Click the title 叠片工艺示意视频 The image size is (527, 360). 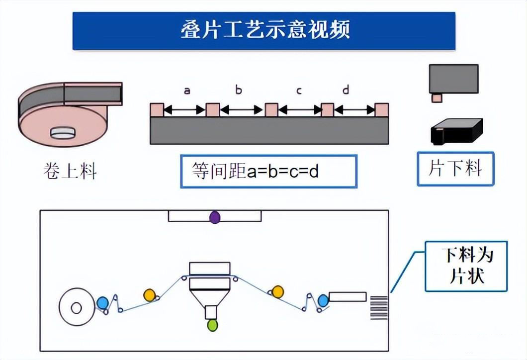tap(264, 30)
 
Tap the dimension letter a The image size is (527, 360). tap(187, 90)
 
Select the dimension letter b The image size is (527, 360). tap(239, 90)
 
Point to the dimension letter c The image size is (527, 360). tap(299, 90)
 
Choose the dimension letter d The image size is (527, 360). tap(346, 90)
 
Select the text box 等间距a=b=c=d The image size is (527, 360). tap(268, 172)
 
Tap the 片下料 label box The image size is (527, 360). tap(455, 169)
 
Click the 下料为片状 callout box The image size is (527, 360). tap(466, 266)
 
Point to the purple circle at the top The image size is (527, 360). tap(215, 217)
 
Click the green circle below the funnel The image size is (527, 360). tap(212, 325)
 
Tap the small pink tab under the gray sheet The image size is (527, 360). tap(436, 98)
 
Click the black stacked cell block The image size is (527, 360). tap(455, 132)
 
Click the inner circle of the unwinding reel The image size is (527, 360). tap(76, 308)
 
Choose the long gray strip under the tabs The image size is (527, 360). tap(269, 130)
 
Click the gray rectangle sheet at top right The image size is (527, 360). tap(453, 79)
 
